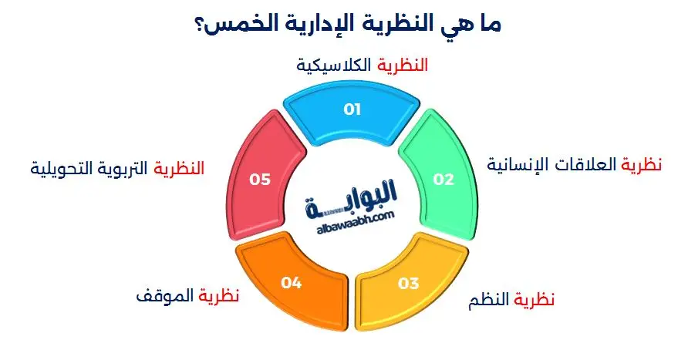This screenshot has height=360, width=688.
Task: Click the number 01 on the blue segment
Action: click(x=352, y=109)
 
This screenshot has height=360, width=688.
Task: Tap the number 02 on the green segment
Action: click(x=443, y=180)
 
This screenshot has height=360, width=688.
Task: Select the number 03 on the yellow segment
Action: click(x=408, y=283)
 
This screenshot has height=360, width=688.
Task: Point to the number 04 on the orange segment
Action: click(x=291, y=283)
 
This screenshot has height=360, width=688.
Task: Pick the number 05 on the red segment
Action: click(x=261, y=180)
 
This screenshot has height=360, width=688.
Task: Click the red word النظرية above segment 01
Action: click(x=401, y=66)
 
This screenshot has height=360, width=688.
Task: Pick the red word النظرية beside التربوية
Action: click(x=180, y=168)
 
